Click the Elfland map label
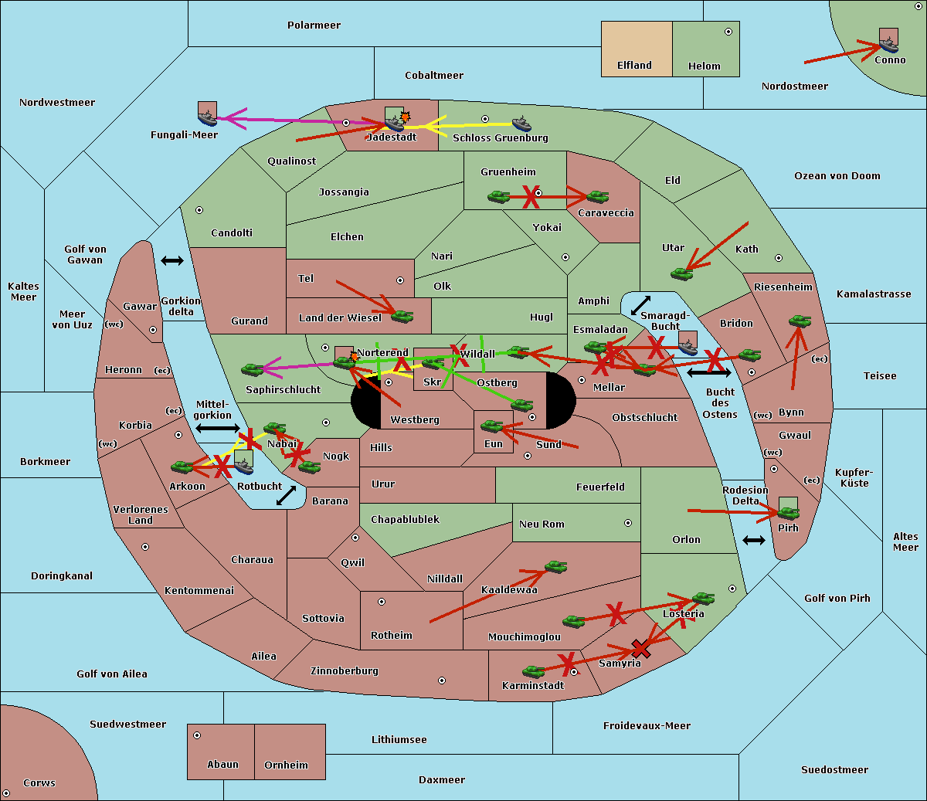click(x=634, y=66)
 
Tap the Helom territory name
click(x=704, y=66)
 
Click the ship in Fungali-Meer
click(x=207, y=117)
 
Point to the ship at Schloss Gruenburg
click(x=521, y=124)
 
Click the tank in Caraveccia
click(x=597, y=197)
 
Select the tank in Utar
click(x=681, y=273)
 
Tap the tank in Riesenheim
click(x=800, y=320)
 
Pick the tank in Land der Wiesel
click(x=402, y=315)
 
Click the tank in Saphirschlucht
click(x=253, y=370)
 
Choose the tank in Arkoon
click(x=182, y=467)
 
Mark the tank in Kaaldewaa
click(x=555, y=567)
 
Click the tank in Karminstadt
click(x=533, y=671)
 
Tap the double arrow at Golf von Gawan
click(x=171, y=261)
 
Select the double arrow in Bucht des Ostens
click(x=708, y=373)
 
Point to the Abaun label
click(x=222, y=765)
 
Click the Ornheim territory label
click(x=286, y=765)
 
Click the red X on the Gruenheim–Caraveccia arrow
click(x=531, y=198)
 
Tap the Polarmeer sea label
click(x=314, y=25)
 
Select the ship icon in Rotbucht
click(x=243, y=463)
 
